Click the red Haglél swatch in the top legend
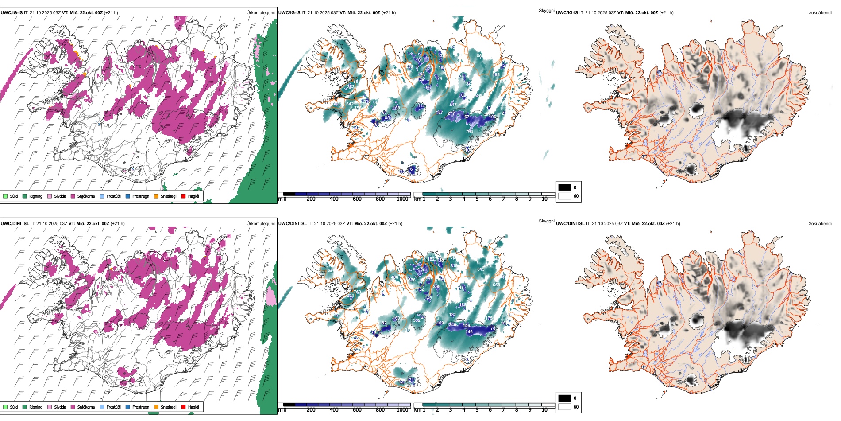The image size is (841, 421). click(183, 196)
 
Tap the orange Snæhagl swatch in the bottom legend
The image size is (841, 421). click(156, 407)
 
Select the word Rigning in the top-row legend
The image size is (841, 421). click(36, 196)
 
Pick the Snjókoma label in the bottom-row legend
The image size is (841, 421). click(86, 407)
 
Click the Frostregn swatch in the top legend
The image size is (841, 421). click(128, 196)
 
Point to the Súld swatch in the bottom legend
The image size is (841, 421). click(5, 407)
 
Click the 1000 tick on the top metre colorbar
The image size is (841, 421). click(402, 199)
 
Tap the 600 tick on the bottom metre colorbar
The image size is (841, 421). click(357, 410)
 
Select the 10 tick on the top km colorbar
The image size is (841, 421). click(544, 199)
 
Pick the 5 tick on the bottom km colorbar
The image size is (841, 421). click(477, 410)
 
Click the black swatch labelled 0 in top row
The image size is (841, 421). click(565, 187)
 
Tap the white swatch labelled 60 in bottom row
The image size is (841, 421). click(565, 407)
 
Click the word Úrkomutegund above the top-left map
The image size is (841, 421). click(261, 13)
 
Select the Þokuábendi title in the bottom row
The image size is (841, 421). click(820, 224)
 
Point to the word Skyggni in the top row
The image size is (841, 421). click(546, 10)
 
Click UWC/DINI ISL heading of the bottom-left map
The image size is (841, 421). click(15, 224)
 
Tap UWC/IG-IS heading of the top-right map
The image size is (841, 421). click(567, 13)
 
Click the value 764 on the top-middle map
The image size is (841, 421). click(469, 131)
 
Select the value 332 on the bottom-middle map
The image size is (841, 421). click(417, 320)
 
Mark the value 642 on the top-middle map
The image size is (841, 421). click(350, 104)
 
